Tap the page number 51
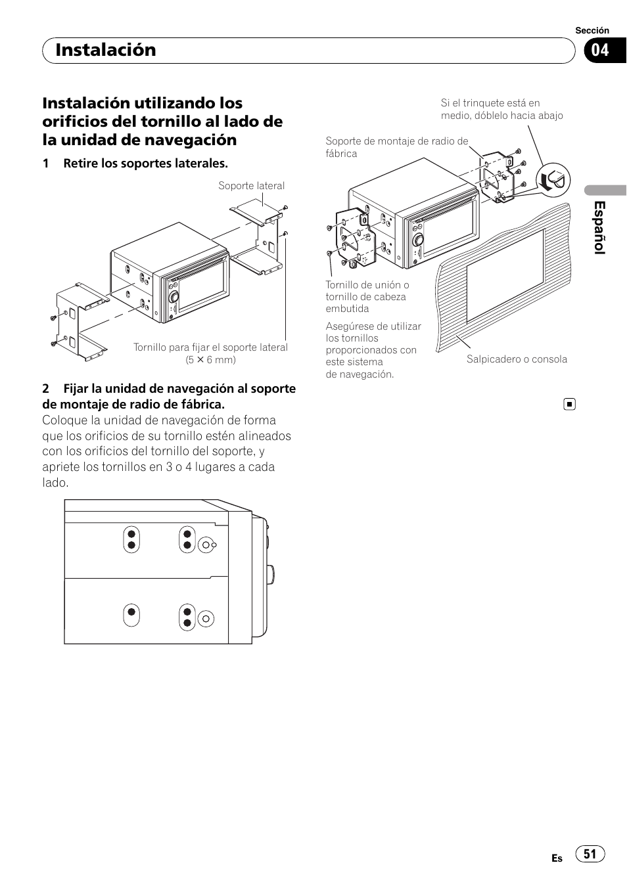click(x=590, y=854)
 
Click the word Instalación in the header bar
click(x=106, y=50)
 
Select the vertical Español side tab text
click(x=599, y=228)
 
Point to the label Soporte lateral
click(x=251, y=186)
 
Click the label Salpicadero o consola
click(x=517, y=359)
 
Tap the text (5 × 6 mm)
click(x=210, y=359)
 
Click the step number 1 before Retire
click(x=46, y=164)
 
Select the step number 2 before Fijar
click(x=46, y=389)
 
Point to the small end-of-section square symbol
click(x=570, y=405)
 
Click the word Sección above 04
click(x=592, y=30)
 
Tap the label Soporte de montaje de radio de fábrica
click(x=396, y=147)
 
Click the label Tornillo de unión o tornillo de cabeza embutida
click(x=367, y=296)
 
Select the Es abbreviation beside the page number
click(x=557, y=858)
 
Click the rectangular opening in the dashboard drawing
click(x=505, y=276)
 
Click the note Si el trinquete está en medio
click(x=501, y=109)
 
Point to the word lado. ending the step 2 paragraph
click(x=55, y=483)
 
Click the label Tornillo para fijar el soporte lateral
click(x=210, y=347)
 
